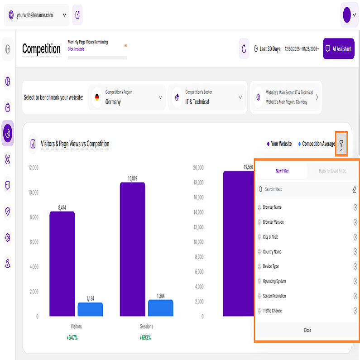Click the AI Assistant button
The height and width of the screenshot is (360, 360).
coord(338,48)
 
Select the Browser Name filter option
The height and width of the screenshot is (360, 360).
coord(272,207)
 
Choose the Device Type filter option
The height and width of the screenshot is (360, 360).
coord(271,266)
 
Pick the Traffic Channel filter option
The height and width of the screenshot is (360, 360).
coord(273,311)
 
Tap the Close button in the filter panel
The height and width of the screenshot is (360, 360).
coord(307,330)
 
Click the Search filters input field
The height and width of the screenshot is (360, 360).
coord(303,189)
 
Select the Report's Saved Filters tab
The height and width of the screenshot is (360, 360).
coord(332,171)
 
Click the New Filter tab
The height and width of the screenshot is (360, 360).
coord(282,171)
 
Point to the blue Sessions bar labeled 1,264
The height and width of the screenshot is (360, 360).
coord(160,308)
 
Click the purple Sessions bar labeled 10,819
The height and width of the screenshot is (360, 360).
coord(132,249)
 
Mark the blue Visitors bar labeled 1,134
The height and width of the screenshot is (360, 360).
coord(90,309)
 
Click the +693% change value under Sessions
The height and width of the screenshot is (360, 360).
coord(145,337)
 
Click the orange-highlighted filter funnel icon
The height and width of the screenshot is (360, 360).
coord(341,144)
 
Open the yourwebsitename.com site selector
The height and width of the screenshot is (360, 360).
coord(37,15)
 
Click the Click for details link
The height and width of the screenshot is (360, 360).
coord(76,49)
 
